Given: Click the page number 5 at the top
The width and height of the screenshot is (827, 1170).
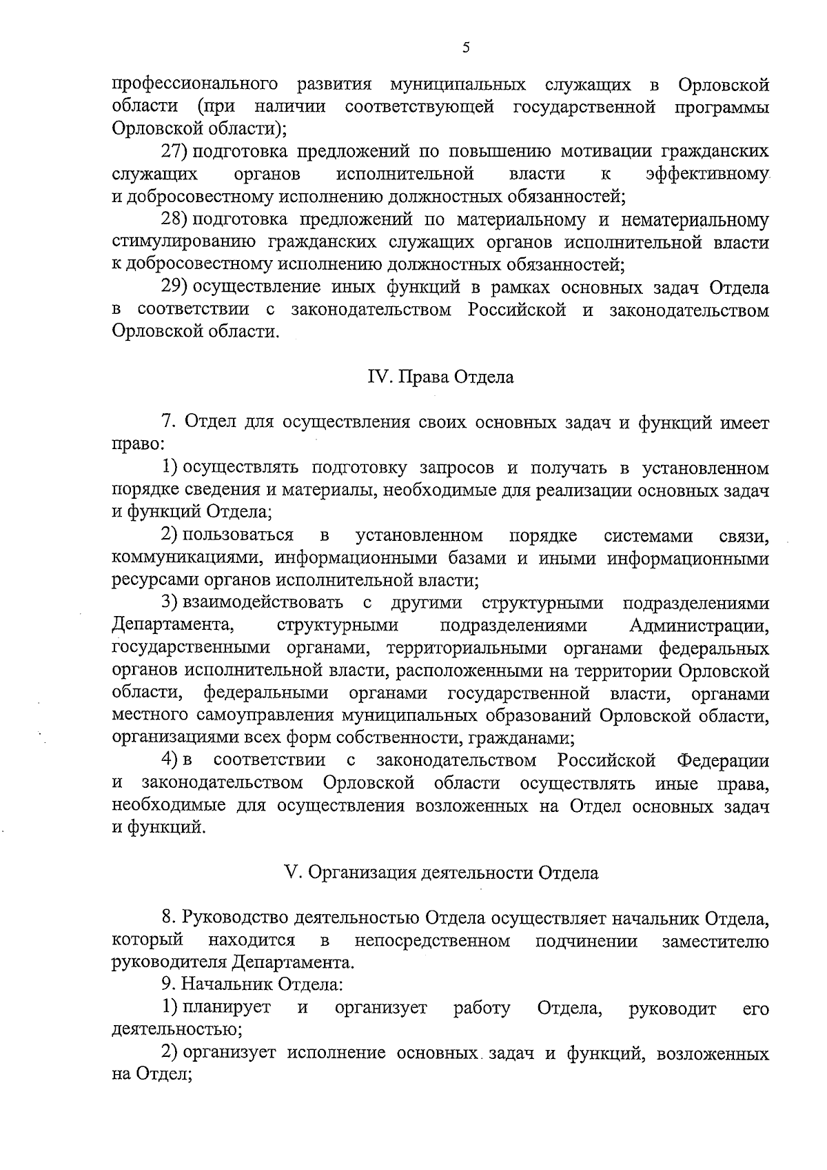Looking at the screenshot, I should (x=465, y=48).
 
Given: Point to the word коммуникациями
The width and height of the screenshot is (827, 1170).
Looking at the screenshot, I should (x=179, y=558).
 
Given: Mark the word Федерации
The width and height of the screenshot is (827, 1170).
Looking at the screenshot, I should (x=723, y=760).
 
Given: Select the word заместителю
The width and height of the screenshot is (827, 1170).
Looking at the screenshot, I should (x=715, y=941).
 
